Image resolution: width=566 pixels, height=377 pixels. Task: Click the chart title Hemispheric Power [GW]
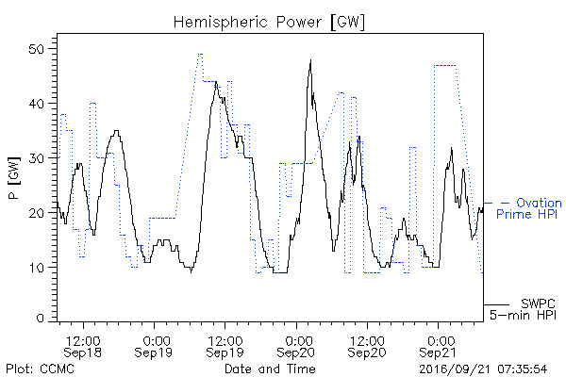pyautogui.click(x=269, y=23)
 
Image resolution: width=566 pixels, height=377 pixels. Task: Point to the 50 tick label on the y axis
pyautogui.click(x=38, y=49)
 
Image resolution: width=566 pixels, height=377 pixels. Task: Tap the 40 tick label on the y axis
pyautogui.click(x=38, y=104)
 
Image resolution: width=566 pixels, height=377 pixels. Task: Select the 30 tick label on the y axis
pyautogui.click(x=38, y=158)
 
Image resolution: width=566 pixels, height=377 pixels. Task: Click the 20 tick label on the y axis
pyautogui.click(x=38, y=213)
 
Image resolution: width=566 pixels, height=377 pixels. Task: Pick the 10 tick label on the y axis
pyautogui.click(x=38, y=268)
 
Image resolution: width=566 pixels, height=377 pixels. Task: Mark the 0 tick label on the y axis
pyautogui.click(x=40, y=319)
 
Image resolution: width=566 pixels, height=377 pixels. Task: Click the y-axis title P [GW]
pyautogui.click(x=14, y=178)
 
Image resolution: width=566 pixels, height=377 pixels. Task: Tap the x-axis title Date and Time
pyautogui.click(x=270, y=369)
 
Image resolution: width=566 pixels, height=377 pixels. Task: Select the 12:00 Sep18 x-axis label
pyautogui.click(x=83, y=346)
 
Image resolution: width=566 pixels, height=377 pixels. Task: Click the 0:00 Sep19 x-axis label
pyautogui.click(x=154, y=346)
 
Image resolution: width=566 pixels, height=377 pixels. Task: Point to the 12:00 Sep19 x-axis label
pyautogui.click(x=225, y=346)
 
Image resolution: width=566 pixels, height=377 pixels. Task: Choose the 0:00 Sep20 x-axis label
pyautogui.click(x=296, y=346)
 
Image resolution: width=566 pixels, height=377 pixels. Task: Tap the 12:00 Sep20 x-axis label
pyautogui.click(x=367, y=346)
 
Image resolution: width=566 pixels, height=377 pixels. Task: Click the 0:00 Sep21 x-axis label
pyautogui.click(x=439, y=346)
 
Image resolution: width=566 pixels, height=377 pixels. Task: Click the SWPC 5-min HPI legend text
pyautogui.click(x=523, y=309)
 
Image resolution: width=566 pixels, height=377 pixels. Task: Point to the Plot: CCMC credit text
pyautogui.click(x=40, y=369)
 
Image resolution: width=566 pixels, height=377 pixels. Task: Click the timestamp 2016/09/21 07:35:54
pyautogui.click(x=483, y=369)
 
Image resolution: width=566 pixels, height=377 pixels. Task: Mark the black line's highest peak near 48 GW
pyautogui.click(x=310, y=60)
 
